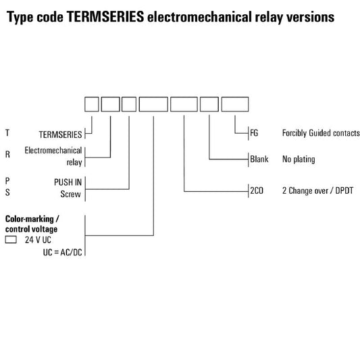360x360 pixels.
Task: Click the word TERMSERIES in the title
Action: (105, 16)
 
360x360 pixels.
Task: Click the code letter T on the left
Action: (7, 132)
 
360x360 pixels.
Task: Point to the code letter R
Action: (7, 154)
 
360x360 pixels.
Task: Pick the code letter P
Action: (7, 181)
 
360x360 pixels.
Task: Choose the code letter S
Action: (7, 192)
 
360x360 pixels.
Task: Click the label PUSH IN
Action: (68, 182)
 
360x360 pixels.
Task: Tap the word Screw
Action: (70, 195)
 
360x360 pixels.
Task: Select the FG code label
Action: (254, 132)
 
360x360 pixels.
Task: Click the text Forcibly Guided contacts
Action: (321, 133)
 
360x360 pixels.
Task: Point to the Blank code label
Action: (259, 159)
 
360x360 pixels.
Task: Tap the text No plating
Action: (299, 159)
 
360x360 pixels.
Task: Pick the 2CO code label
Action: (257, 190)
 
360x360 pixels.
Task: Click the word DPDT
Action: (344, 190)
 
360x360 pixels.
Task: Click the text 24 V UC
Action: (38, 240)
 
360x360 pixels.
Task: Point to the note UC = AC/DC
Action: (62, 253)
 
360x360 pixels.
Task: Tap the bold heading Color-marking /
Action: (32, 219)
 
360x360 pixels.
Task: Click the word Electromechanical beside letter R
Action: (53, 151)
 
